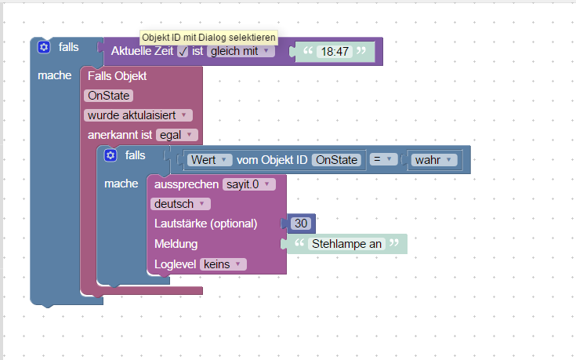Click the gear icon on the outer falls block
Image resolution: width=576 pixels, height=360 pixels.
(44, 47)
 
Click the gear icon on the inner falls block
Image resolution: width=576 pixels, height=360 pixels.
(110, 155)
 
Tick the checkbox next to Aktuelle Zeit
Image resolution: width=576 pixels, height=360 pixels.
(183, 52)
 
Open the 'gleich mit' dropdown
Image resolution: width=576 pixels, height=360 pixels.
(241, 51)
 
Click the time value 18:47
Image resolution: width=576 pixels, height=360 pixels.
(335, 52)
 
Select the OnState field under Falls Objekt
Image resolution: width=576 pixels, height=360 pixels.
(109, 96)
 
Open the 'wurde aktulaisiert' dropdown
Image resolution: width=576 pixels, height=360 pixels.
(138, 115)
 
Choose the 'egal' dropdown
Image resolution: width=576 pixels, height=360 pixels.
(177, 135)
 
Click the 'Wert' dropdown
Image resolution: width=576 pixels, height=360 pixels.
(210, 160)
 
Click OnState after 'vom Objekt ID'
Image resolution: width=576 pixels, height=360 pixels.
(336, 160)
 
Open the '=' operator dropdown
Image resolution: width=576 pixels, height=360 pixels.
(383, 159)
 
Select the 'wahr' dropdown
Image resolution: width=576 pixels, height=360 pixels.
(434, 160)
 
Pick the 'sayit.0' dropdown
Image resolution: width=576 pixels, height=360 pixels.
(249, 184)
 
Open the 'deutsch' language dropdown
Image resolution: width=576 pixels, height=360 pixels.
(180, 204)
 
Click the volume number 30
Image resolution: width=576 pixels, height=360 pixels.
(301, 224)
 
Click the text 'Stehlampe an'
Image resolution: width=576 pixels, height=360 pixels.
(346, 244)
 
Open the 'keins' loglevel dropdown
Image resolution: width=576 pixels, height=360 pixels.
(223, 264)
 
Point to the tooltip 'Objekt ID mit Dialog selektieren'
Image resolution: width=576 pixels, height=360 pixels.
(208, 38)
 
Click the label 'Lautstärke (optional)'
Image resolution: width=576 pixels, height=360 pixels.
(205, 224)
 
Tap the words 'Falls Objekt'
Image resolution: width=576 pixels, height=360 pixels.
(118, 76)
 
